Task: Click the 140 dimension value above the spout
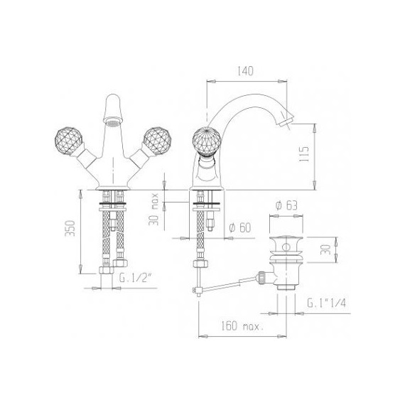pos(245,71)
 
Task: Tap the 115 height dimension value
pos(305,154)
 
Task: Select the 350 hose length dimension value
pos(70,228)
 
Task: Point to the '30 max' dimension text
pos(153,209)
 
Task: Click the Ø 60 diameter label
pos(240,227)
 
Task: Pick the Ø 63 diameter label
pos(286,205)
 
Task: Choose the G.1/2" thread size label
pos(135,278)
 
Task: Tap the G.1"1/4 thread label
pos(326,303)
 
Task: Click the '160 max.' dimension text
pos(242,326)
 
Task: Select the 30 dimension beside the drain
pos(325,249)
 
